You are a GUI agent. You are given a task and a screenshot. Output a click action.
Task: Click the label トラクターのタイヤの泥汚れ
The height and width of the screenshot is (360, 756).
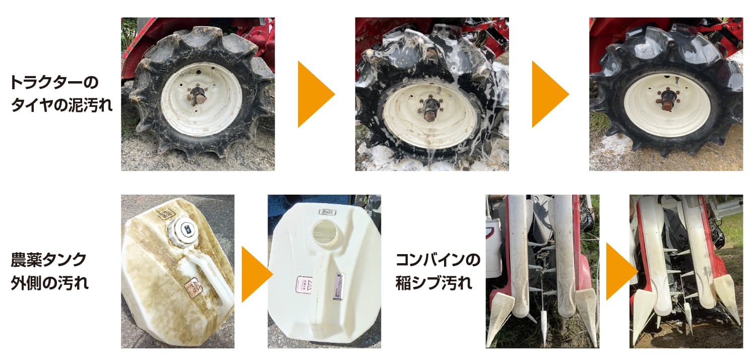point(61,94)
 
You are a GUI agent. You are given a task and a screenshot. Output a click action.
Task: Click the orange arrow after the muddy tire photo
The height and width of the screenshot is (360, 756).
point(315,94)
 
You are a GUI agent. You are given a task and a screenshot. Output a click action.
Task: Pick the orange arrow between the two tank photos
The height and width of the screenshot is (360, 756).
point(256,274)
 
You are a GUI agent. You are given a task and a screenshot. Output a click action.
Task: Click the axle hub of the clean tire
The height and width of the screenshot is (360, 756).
point(666,100)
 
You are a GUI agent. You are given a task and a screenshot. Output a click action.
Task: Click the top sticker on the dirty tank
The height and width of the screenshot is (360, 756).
point(165,214)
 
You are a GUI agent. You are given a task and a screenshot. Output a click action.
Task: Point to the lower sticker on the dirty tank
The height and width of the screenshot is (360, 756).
point(193,288)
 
